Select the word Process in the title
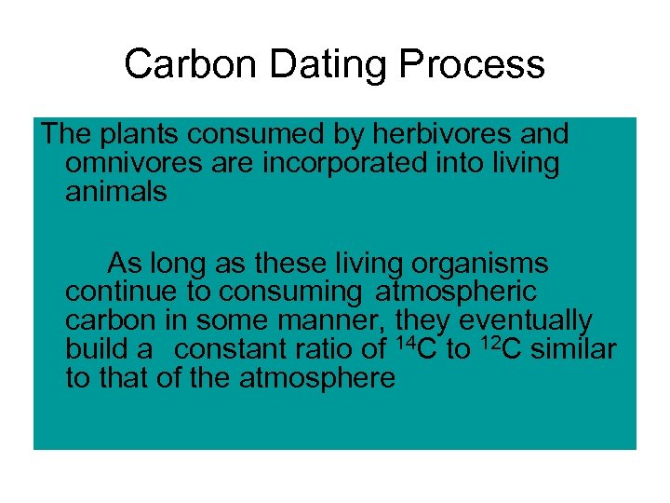(x=473, y=65)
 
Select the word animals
(x=116, y=192)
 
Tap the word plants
(x=138, y=134)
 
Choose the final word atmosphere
(x=316, y=379)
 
